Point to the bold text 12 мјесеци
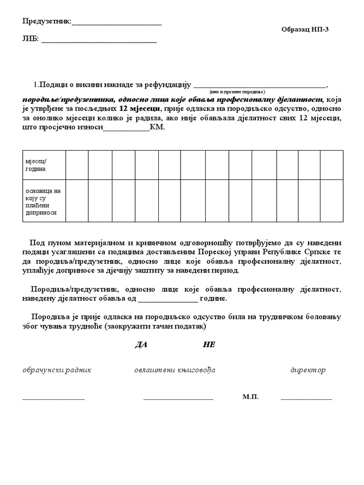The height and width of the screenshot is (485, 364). point(140,108)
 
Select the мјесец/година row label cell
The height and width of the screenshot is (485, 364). point(44,165)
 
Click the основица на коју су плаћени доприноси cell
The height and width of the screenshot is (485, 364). point(44,201)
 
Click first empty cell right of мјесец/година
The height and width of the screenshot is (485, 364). point(77,165)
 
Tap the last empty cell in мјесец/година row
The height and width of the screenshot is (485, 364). point(332,165)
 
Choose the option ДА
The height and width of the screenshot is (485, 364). point(141,345)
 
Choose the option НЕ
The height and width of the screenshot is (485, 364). point(209,345)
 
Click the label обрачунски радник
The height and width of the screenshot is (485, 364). point(57,370)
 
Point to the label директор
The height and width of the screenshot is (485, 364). point(308,370)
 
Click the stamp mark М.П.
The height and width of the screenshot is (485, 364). point(250,397)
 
